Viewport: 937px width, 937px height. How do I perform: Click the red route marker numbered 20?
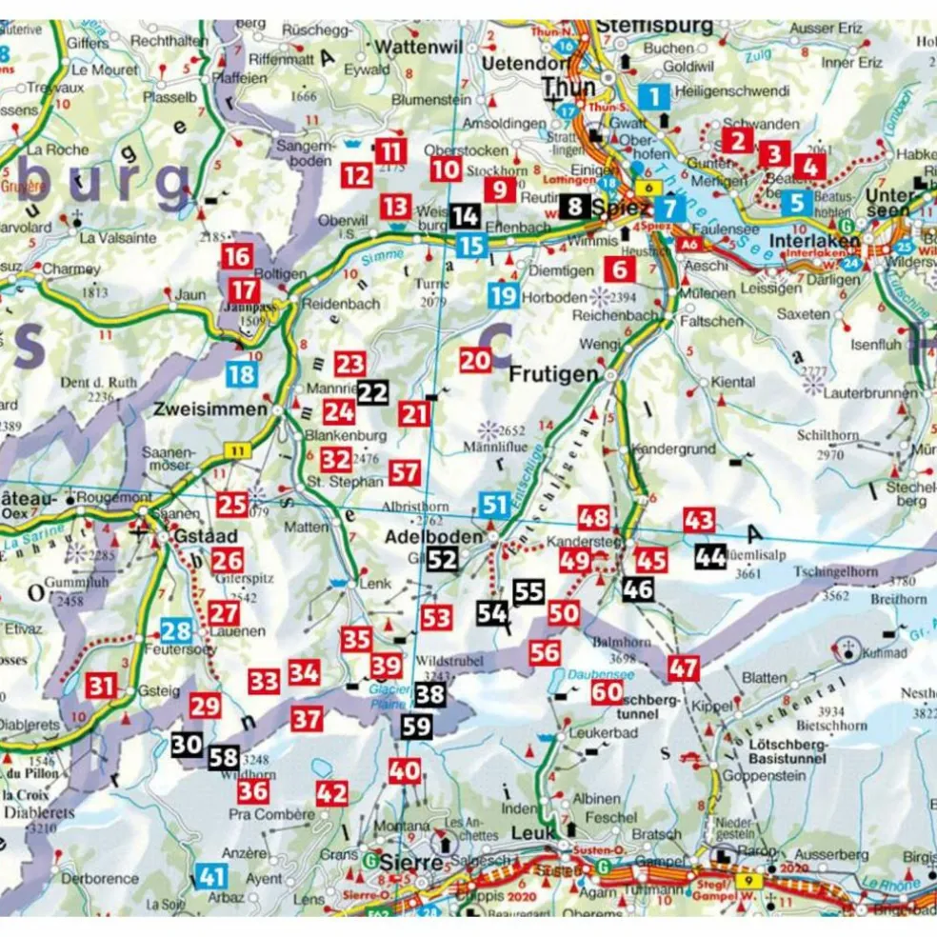[x=475, y=360]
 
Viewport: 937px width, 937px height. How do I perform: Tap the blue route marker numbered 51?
[x=493, y=505]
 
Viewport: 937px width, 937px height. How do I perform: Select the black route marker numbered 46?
[x=637, y=588]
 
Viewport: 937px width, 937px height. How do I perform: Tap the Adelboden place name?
[x=433, y=537]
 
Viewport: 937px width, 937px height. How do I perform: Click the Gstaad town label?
[x=201, y=536]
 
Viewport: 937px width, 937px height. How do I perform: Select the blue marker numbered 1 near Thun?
[x=653, y=96]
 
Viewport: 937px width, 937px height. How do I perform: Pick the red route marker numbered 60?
[x=607, y=692]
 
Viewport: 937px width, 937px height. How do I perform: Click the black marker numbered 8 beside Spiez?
[x=574, y=205]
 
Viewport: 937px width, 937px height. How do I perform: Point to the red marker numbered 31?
[x=101, y=685]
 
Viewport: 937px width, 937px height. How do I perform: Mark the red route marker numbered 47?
[x=684, y=668]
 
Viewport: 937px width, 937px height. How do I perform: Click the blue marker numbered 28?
[x=176, y=629]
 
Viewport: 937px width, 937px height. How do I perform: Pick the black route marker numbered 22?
[x=374, y=391]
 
